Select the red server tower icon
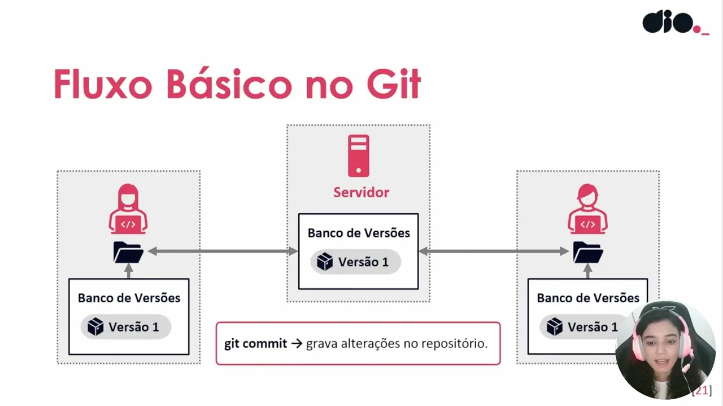tap(359, 156)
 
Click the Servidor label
tap(361, 192)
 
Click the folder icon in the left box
tap(128, 252)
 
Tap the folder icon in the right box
tap(587, 252)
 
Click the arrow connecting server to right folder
tap(494, 251)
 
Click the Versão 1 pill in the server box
tap(355, 262)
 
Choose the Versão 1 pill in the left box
tap(126, 326)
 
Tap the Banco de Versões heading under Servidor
tap(359, 233)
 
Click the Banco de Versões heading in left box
tap(129, 298)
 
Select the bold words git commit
tap(256, 343)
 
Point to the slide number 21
tap(702, 390)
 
